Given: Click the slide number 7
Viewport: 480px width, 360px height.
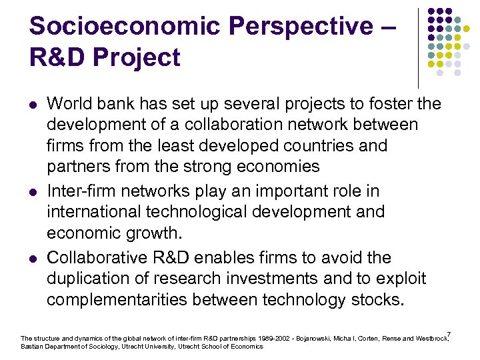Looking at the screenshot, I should click(x=449, y=334).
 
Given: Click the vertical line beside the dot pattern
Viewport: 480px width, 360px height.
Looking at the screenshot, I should click(x=419, y=47).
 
